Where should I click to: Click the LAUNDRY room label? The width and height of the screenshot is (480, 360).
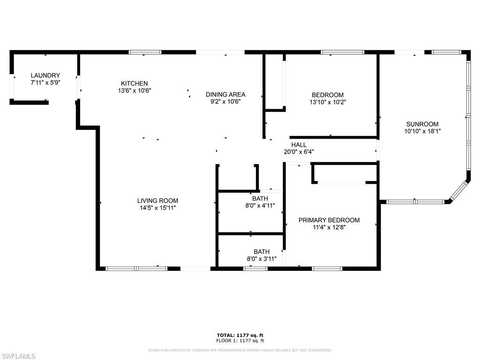45,75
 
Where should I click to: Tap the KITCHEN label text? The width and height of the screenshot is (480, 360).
135,83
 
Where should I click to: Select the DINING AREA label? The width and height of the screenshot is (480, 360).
225,94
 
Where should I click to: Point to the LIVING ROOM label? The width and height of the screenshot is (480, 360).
157,201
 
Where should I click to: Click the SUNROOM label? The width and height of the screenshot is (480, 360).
422,124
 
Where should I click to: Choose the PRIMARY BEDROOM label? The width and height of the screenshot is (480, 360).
329,220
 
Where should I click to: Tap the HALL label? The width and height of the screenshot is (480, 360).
299,144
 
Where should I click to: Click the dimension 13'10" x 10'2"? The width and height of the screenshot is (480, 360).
328,102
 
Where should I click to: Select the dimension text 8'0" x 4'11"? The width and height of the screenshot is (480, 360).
260,206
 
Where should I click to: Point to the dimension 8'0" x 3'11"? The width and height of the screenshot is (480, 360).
262,259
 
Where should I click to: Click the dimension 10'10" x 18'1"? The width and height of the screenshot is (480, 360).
422,131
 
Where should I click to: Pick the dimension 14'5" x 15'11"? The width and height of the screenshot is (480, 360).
157,208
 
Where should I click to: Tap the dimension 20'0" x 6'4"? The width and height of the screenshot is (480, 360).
299,151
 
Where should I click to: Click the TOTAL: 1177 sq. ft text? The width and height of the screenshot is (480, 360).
240,335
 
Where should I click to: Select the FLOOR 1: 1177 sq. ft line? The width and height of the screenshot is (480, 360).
240,340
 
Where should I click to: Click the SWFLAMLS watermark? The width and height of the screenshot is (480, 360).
18,356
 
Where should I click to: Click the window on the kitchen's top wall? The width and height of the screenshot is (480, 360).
145,52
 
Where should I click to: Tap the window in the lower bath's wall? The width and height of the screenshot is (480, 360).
255,269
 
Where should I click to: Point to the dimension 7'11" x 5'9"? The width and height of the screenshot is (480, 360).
45,82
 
